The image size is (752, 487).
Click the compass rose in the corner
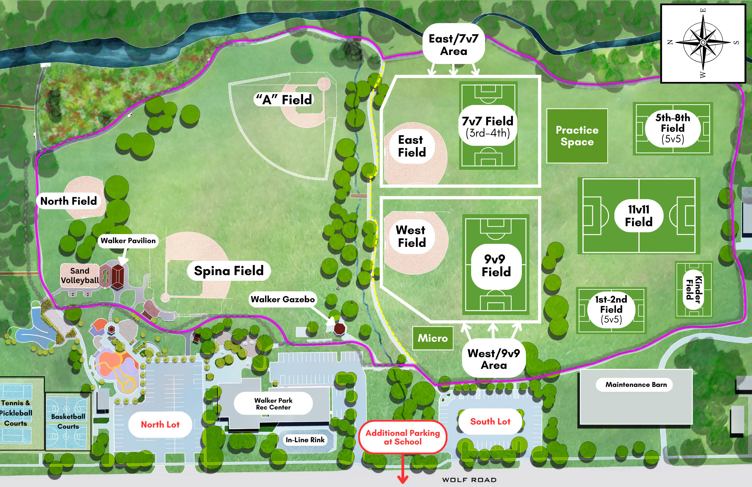[703, 43]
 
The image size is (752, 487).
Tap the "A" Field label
[284, 100]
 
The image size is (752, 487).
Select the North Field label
[68, 201]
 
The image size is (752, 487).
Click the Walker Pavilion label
[128, 241]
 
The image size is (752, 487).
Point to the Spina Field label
[229, 271]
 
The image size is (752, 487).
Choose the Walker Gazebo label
[282, 300]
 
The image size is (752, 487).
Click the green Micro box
[433, 338]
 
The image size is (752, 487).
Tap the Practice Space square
[577, 136]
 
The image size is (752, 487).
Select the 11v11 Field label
[638, 216]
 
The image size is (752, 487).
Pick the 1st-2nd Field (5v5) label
[611, 309]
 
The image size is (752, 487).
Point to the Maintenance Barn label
[636, 385]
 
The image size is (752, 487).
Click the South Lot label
[490, 422]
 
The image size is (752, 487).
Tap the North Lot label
[160, 425]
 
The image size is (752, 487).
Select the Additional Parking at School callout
[403, 437]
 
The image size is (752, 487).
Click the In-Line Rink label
[305, 440]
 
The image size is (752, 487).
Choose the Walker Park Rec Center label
[273, 404]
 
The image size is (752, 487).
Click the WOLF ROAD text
[469, 480]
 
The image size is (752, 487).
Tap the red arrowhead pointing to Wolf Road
[403, 479]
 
